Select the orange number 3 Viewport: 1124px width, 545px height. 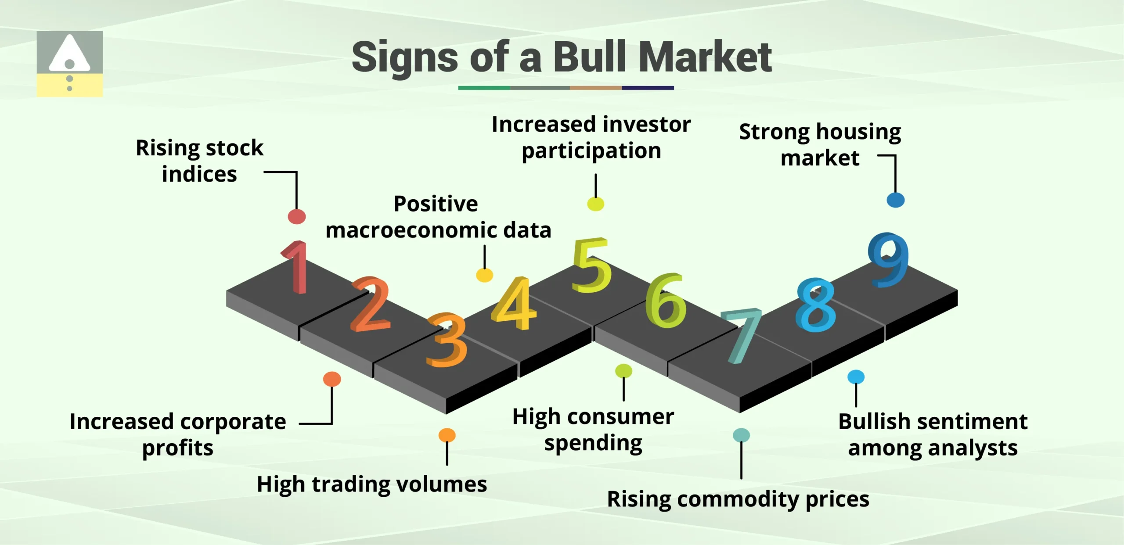point(447,340)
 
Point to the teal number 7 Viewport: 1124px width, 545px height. point(742,336)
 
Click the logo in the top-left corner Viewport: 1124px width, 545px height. point(69,64)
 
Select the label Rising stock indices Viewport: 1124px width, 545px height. point(199,161)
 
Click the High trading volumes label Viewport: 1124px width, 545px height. point(372,484)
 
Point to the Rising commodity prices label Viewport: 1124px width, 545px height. point(738,499)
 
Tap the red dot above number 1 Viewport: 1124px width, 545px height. point(297,216)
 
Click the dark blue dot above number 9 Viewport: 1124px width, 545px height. point(896,200)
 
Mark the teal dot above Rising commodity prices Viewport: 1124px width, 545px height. point(742,435)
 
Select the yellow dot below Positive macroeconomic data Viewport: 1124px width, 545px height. point(485,275)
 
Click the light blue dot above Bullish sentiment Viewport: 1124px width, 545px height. point(856,377)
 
